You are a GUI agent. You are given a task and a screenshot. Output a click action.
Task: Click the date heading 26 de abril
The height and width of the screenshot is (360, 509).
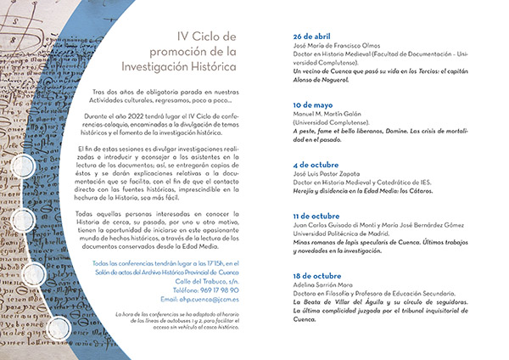[x=313, y=38]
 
